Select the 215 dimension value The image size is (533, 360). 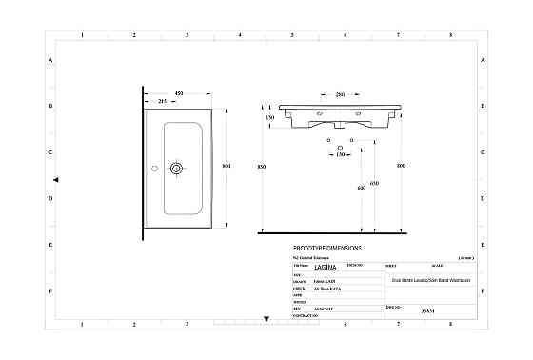(162, 101)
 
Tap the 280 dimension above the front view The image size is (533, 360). (341, 94)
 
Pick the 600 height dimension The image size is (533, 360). (362, 188)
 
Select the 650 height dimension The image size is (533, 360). (374, 183)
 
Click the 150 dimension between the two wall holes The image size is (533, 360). (341, 153)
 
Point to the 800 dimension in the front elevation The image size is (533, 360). (401, 167)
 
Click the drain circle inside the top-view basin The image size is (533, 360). (176, 169)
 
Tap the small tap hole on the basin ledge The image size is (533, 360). (152, 169)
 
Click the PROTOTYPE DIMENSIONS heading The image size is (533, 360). (327, 247)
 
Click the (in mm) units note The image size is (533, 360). (465, 258)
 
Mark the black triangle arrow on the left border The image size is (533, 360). (56, 179)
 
